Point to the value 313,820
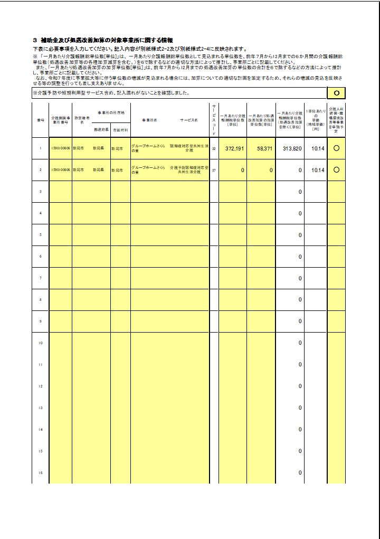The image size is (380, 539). point(292,149)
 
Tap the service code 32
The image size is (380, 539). point(214,149)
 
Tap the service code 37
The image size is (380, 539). point(214,171)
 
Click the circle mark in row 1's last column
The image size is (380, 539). point(336,148)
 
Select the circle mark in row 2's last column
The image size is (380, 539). point(336,170)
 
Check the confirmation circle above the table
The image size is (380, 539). point(336,93)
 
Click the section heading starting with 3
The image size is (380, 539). point(103,40)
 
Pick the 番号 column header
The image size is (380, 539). point(40,120)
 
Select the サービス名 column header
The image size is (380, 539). point(188,120)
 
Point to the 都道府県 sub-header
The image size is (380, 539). point(101,129)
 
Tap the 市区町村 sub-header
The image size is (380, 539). point(120,129)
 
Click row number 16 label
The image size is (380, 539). point(40,473)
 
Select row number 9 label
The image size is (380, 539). point(40,321)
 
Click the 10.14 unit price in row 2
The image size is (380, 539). point(318,171)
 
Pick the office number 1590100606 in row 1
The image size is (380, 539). point(61,149)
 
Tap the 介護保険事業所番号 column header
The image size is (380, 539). point(61,120)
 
